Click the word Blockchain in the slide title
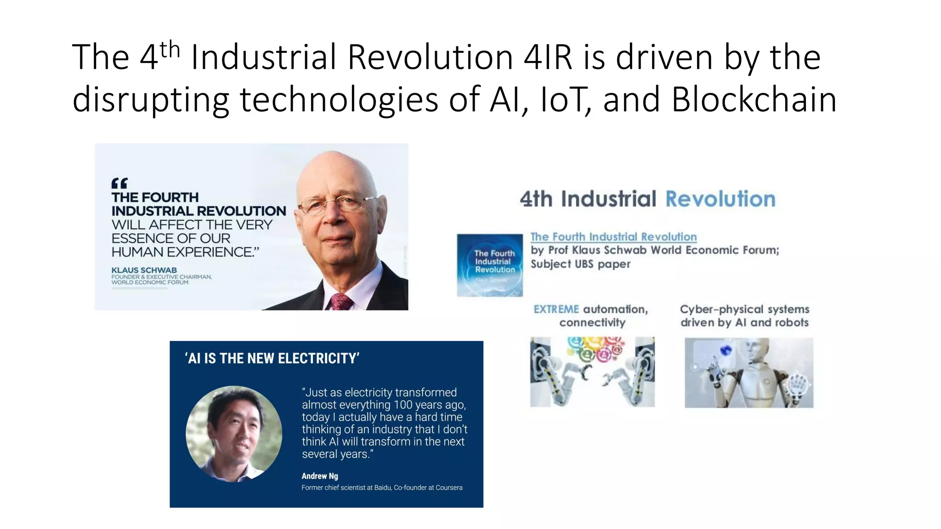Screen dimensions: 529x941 pyautogui.click(x=754, y=99)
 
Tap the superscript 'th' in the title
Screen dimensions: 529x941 pyautogui.click(x=170, y=49)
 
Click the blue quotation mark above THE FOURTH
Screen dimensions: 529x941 pyautogui.click(x=119, y=184)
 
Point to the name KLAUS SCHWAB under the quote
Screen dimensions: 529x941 pyautogui.click(x=144, y=270)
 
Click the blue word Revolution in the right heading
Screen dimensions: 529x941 pyautogui.click(x=720, y=199)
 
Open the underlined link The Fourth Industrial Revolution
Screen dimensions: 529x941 pyautogui.click(x=613, y=237)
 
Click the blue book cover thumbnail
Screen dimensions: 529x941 pyautogui.click(x=490, y=265)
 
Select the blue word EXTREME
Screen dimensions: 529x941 pyautogui.click(x=556, y=310)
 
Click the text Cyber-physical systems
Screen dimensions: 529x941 pyautogui.click(x=744, y=310)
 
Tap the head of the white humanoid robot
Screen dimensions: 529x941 pyautogui.click(x=758, y=354)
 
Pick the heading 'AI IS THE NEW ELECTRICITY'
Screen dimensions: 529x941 pyautogui.click(x=272, y=358)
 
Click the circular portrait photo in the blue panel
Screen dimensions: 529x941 pyautogui.click(x=234, y=434)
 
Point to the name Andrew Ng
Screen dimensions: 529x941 pyautogui.click(x=320, y=476)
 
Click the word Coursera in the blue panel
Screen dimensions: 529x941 pyautogui.click(x=449, y=488)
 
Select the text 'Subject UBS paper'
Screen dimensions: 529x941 pyautogui.click(x=580, y=264)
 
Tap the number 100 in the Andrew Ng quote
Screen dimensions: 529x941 pyautogui.click(x=402, y=405)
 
